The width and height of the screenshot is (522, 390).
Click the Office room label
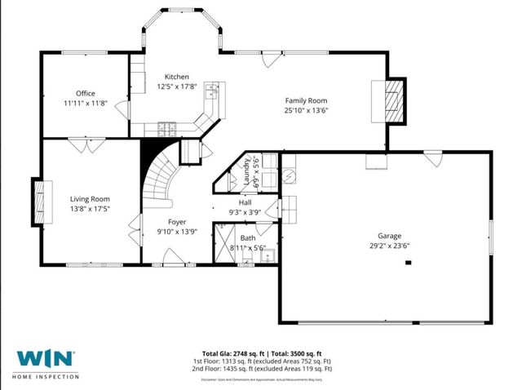coord(86,94)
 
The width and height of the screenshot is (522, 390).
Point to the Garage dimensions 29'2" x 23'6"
coord(387,243)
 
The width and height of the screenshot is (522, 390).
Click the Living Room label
coord(90,198)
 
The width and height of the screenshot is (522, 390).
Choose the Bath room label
coord(247,237)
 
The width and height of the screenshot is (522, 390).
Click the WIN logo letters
coord(46,359)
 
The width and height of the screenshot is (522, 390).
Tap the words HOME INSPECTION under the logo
coord(46,376)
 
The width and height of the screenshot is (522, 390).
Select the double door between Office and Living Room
coord(79,144)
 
